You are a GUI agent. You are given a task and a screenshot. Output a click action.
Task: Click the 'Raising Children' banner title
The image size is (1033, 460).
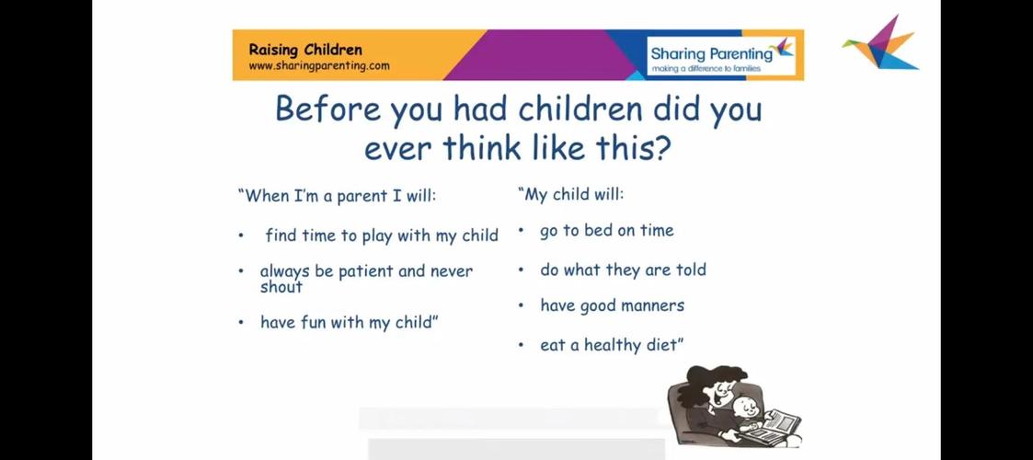tap(305, 50)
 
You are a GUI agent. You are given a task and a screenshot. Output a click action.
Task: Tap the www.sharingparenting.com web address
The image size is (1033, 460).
tap(319, 66)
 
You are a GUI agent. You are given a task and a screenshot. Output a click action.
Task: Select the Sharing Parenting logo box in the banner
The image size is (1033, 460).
tap(721, 55)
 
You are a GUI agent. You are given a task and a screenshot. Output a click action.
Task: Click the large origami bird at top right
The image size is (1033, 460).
tap(880, 43)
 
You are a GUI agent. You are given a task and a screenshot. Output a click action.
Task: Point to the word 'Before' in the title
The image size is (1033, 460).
tap(327, 109)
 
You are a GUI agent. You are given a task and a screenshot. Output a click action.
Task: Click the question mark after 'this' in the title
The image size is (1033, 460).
tap(662, 147)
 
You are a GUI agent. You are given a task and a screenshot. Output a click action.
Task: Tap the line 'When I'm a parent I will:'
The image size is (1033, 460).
tap(337, 196)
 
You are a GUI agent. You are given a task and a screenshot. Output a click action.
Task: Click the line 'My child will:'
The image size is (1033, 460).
tap(570, 195)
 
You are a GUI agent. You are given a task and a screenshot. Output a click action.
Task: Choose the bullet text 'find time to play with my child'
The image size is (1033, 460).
tap(382, 236)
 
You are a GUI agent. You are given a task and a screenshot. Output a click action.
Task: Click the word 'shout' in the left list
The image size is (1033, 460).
tap(281, 287)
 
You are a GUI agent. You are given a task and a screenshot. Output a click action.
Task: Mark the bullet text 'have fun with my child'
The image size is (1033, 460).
tap(350, 323)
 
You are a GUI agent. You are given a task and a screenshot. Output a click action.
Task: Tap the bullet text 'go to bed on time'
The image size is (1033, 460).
tap(607, 231)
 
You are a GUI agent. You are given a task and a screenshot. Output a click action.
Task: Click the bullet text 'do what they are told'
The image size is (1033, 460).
tap(623, 270)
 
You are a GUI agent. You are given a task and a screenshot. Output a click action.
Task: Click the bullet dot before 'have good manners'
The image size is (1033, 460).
tap(521, 305)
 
